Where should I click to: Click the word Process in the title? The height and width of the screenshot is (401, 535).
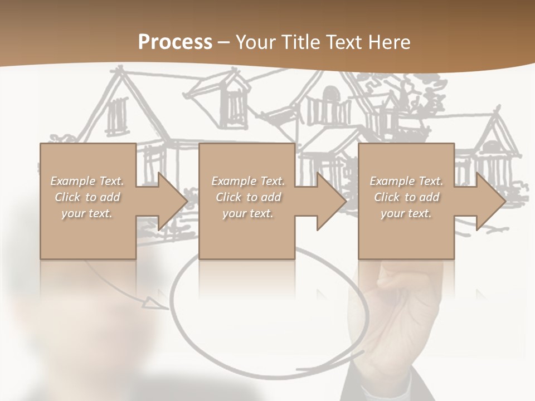click(x=175, y=42)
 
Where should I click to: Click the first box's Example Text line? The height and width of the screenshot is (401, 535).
click(x=87, y=181)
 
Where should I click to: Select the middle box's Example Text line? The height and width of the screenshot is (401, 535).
click(x=248, y=181)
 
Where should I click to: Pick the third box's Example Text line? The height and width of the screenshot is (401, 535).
click(x=406, y=181)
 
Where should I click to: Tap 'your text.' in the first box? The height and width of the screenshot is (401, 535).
click(x=87, y=213)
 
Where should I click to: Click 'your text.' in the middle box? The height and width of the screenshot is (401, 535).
click(x=248, y=213)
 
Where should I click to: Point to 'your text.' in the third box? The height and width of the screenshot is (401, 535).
click(x=406, y=213)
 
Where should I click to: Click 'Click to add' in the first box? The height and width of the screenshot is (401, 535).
click(x=87, y=197)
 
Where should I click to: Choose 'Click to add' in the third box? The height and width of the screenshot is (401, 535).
click(x=406, y=197)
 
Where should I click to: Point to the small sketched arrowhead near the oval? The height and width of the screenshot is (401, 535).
click(x=150, y=302)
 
